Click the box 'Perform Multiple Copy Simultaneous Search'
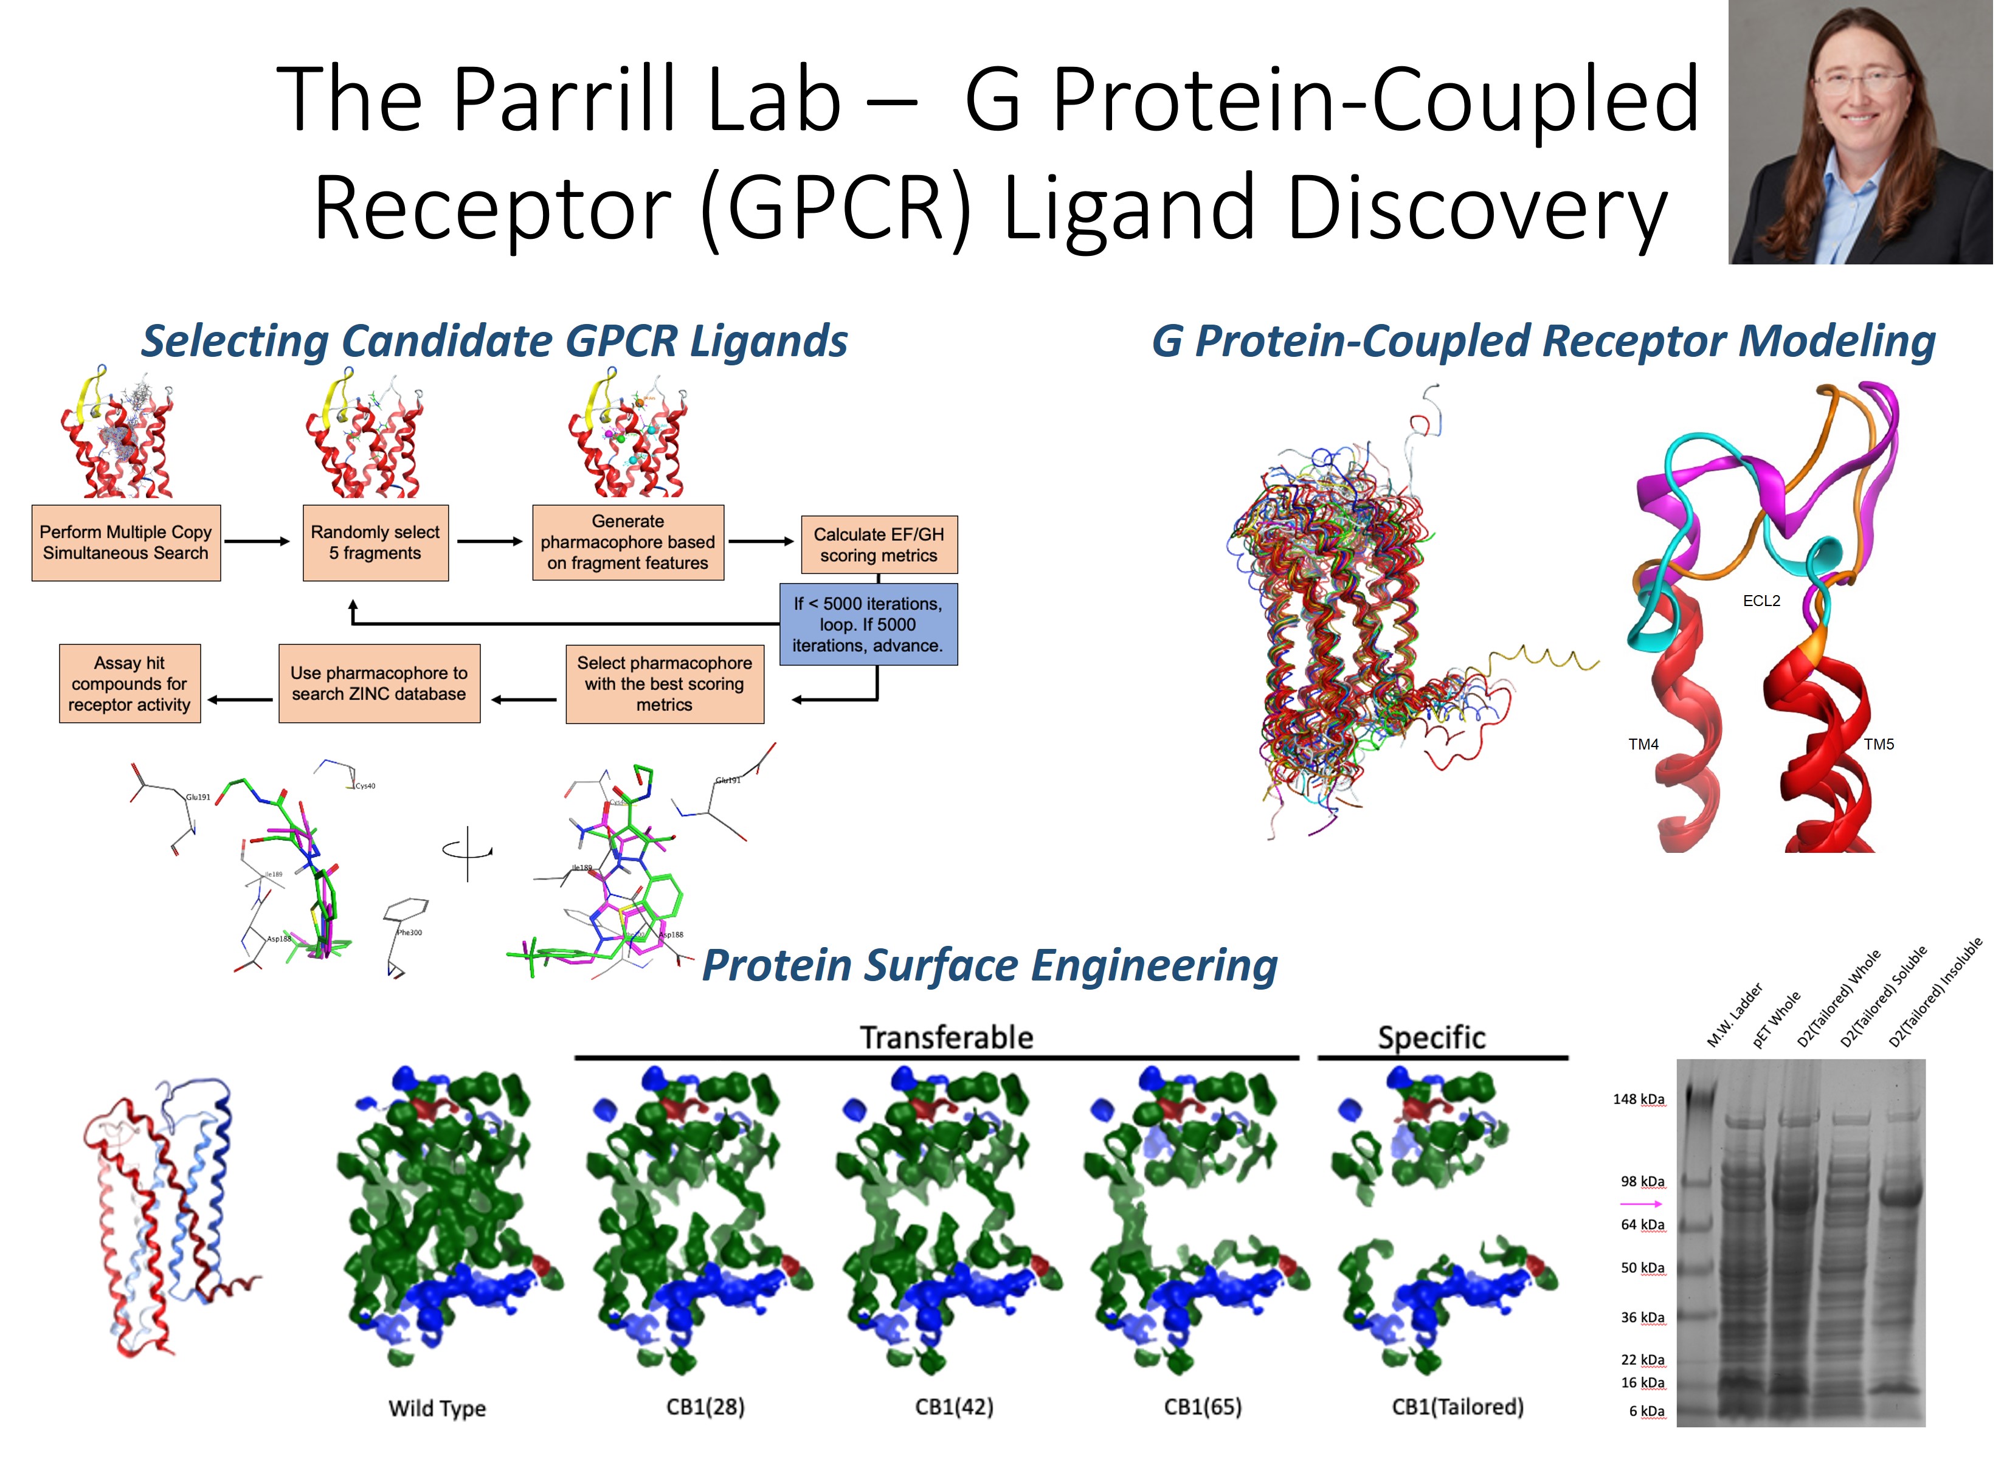125,542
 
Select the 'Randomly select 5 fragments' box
375,542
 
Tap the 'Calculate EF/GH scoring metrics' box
879,544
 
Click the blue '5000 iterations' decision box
868,624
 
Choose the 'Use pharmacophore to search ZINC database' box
379,683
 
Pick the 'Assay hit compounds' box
130,683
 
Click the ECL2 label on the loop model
1760,601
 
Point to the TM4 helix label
1643,744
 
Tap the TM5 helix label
1879,744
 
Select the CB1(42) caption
953,1407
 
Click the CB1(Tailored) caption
1457,1407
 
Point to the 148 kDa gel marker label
1638,1100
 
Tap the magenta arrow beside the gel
1640,1204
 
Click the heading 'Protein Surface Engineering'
989,965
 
